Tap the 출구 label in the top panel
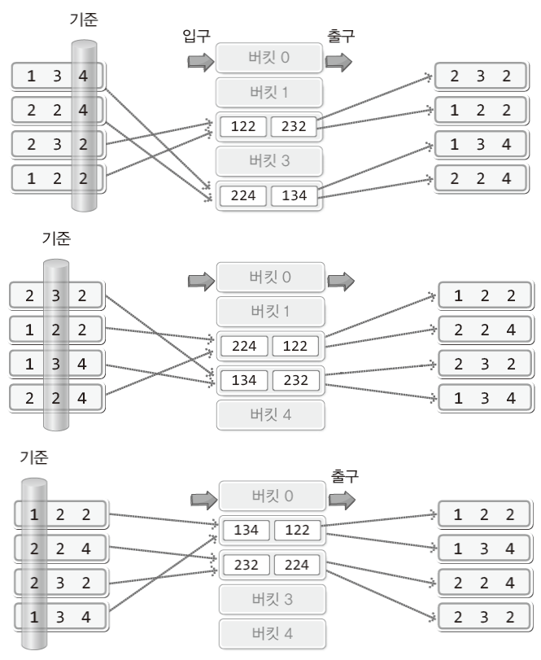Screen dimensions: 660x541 tap(340, 37)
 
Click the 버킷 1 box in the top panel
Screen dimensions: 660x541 tap(269, 92)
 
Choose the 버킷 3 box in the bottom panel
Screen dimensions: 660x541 tap(272, 599)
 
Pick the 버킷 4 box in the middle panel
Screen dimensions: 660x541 tap(270, 414)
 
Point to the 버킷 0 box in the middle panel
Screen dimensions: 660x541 tap(270, 277)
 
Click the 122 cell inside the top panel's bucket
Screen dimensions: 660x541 tap(242, 127)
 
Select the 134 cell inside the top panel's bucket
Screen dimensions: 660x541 tap(294, 195)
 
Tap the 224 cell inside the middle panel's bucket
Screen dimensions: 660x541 tap(244, 346)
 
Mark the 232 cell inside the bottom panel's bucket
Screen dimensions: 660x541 tap(246, 565)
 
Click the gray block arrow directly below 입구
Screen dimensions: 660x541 tap(199, 62)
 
